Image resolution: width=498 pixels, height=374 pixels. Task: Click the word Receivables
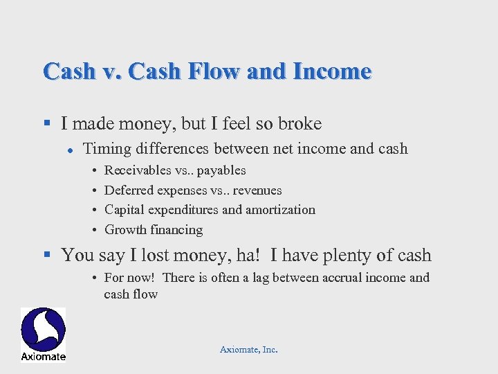coord(138,170)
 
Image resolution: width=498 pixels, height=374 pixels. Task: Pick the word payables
coord(221,171)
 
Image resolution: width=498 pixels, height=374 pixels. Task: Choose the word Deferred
coord(129,190)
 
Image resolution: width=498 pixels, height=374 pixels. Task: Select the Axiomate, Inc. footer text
coord(248,350)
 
